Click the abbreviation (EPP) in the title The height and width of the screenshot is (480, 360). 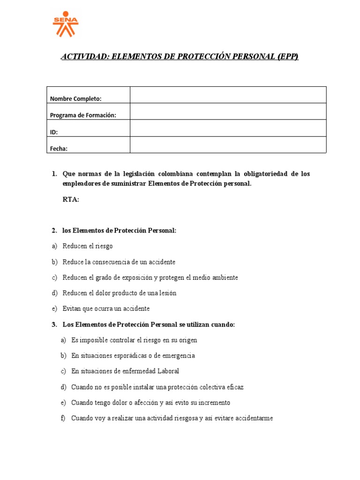(x=287, y=57)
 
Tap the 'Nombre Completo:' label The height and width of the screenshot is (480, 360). (x=75, y=98)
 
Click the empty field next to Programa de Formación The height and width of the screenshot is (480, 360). (x=228, y=111)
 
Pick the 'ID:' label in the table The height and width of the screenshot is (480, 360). (x=54, y=132)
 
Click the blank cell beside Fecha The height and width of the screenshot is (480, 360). (x=228, y=145)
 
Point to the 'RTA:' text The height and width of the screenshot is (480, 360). (x=71, y=200)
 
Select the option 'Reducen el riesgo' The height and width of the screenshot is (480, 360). (x=88, y=246)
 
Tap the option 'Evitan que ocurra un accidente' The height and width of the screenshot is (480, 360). (x=106, y=308)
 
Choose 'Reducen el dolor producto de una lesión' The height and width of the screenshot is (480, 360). (x=119, y=293)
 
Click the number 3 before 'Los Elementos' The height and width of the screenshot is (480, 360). (x=54, y=324)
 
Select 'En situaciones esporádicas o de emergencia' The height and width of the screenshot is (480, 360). (x=133, y=355)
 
